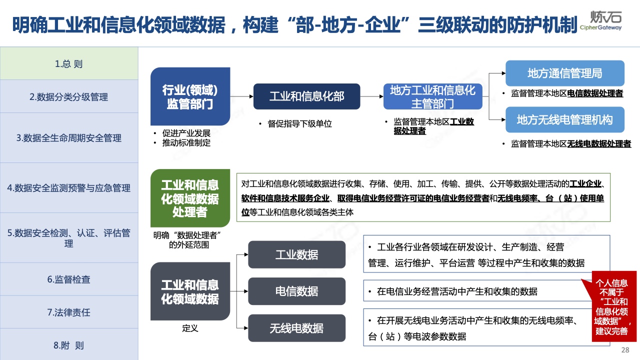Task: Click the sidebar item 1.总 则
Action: click(69, 63)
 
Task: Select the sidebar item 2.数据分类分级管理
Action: click(69, 96)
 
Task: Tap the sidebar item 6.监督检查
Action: click(69, 279)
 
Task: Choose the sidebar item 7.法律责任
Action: click(69, 312)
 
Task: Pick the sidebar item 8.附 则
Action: click(69, 345)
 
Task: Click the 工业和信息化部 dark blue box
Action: click(306, 96)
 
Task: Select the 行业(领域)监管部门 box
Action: click(190, 96)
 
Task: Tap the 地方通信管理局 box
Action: click(565, 73)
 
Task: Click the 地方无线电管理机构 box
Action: click(565, 119)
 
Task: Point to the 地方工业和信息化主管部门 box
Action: click(432, 96)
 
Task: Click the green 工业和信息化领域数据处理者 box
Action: click(190, 198)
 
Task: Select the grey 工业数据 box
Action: click(296, 254)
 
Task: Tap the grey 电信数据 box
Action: click(296, 291)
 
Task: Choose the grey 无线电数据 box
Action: click(296, 328)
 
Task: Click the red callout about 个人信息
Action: click(613, 306)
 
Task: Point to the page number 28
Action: click(625, 350)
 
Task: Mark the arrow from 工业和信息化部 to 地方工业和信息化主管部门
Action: click(371, 96)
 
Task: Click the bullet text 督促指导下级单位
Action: click(299, 123)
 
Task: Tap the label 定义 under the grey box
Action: click(190, 328)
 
